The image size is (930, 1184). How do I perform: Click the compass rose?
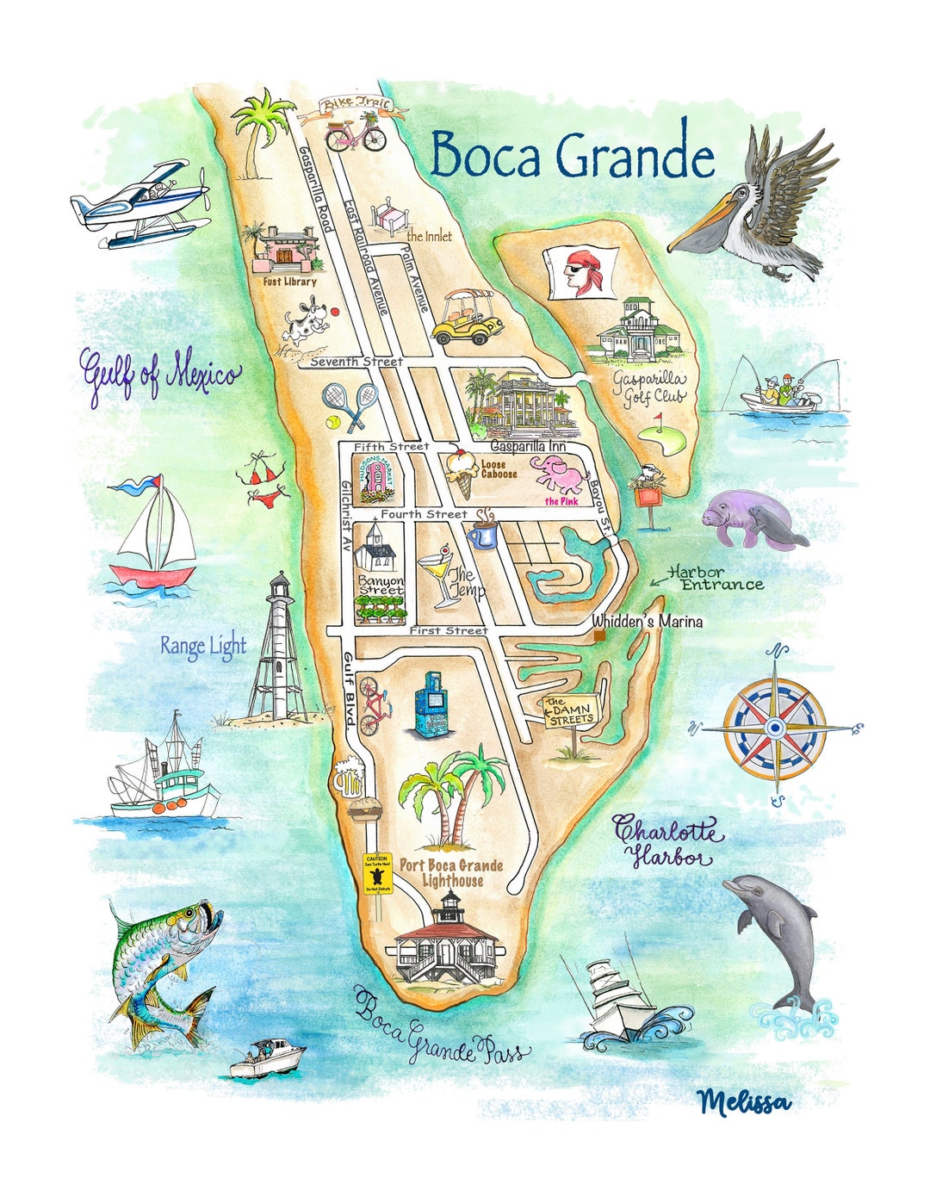(x=775, y=724)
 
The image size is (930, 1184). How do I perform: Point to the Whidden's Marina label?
(x=647, y=621)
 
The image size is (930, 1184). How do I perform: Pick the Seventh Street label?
(x=356, y=362)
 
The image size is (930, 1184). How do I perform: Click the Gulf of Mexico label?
(x=160, y=376)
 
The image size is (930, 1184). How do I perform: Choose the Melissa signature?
(x=744, y=1101)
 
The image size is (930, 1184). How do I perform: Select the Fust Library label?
(x=289, y=281)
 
